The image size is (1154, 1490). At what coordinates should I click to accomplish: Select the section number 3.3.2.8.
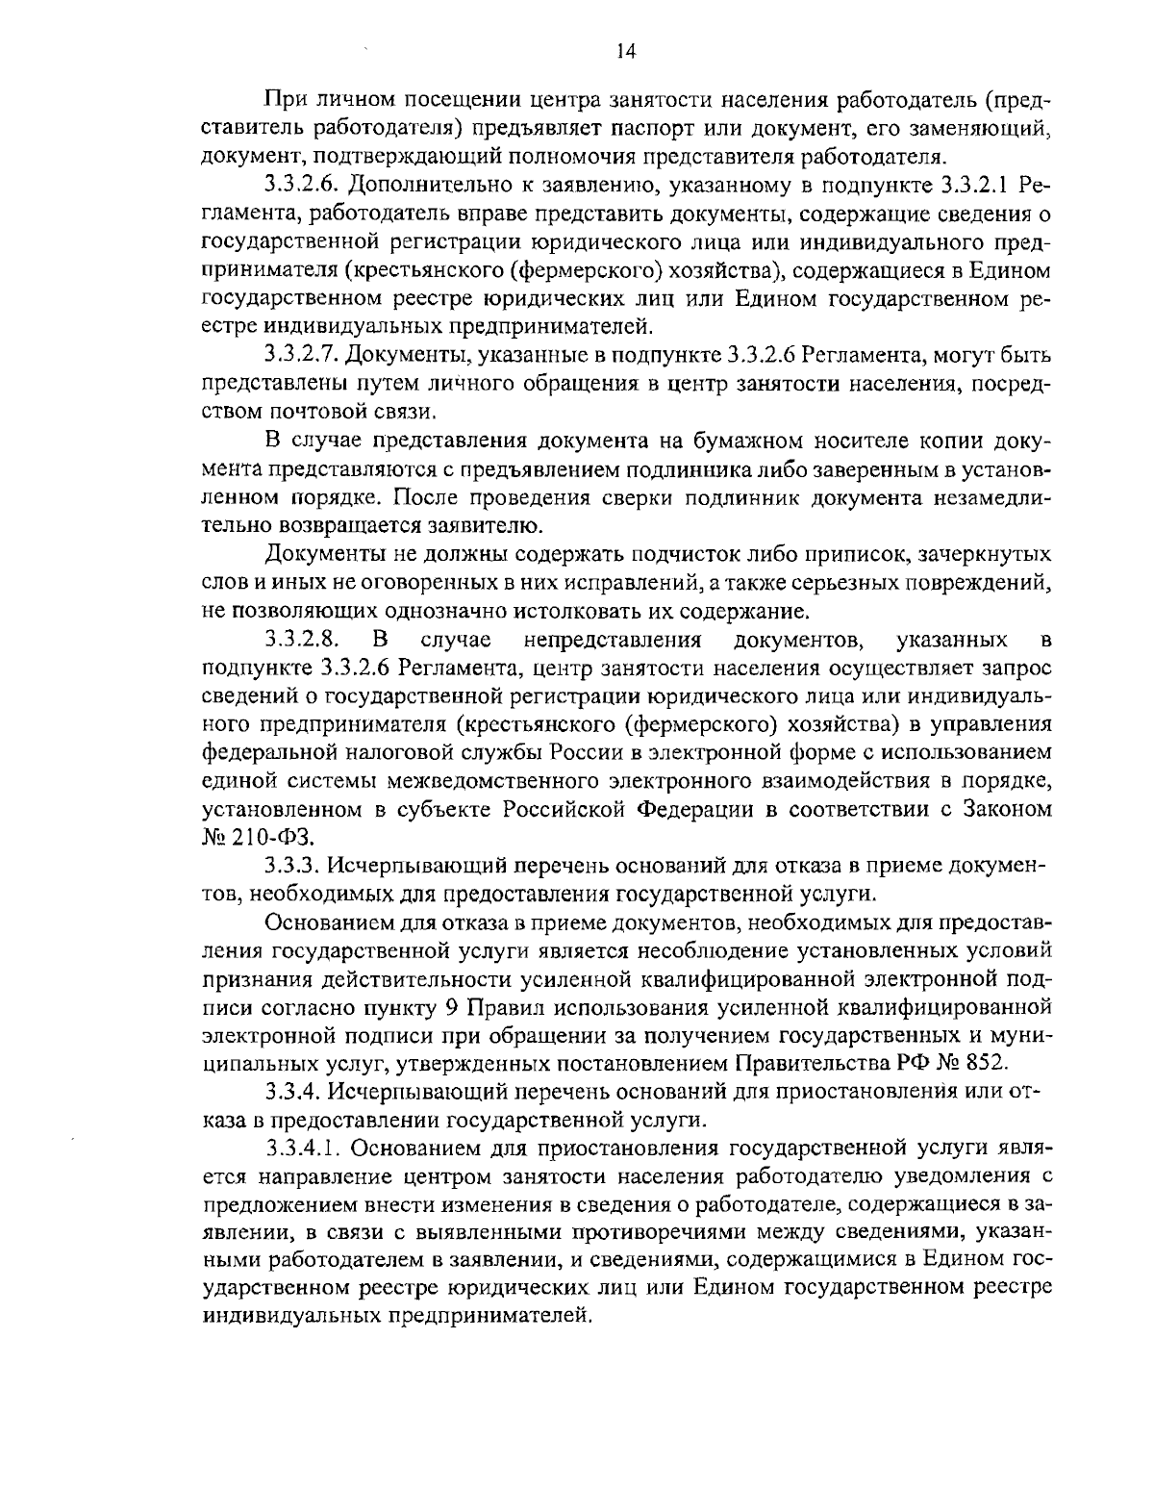point(299,641)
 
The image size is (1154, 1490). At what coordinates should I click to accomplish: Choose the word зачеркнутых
point(985,555)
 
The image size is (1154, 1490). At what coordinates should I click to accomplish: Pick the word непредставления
point(615,641)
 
